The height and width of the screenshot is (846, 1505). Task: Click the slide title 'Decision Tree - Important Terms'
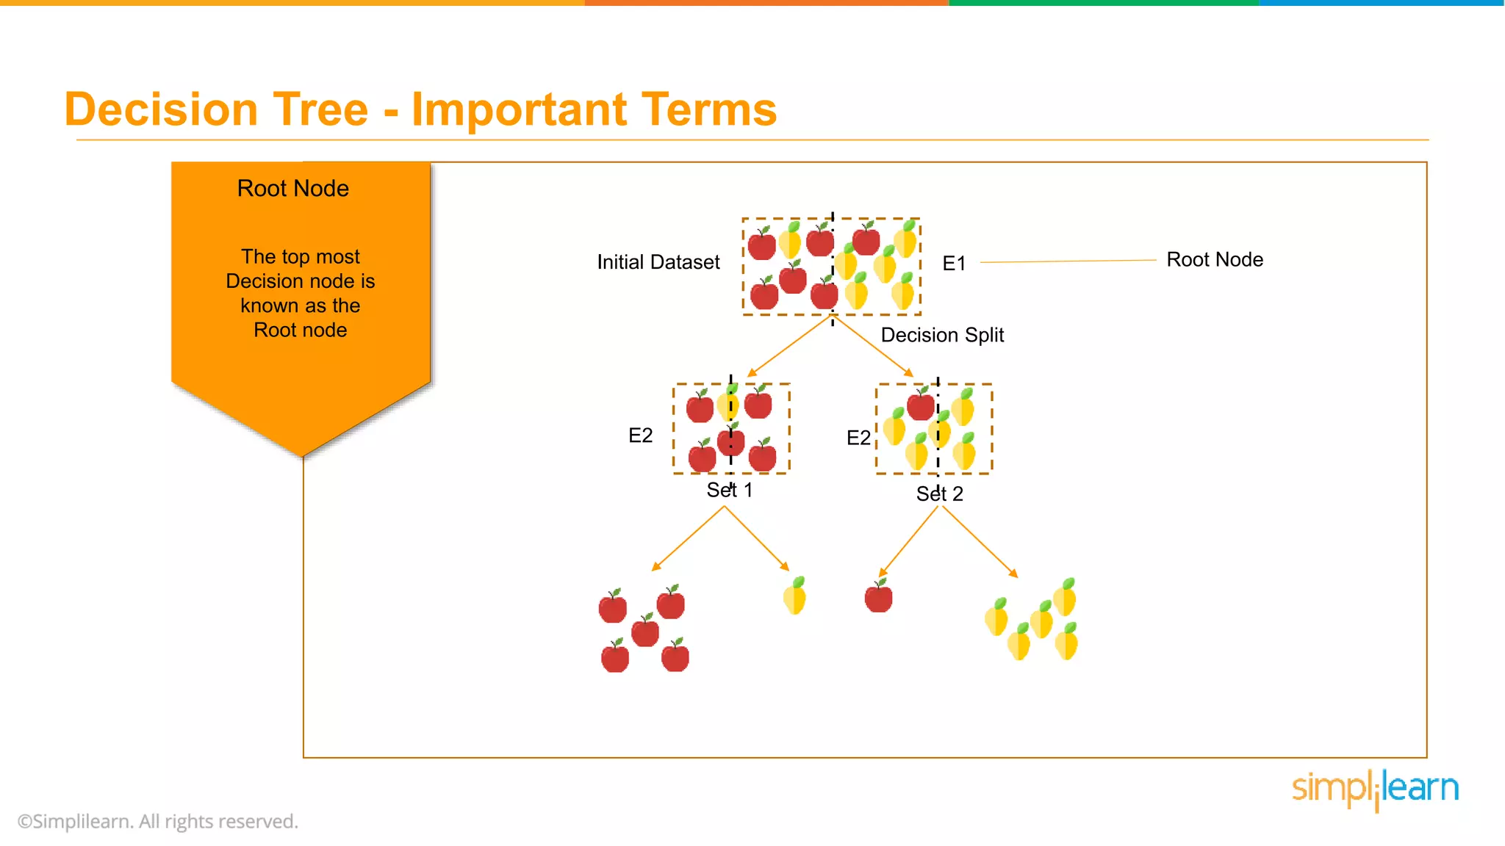pos(420,109)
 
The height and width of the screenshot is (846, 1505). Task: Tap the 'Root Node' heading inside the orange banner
pos(292,189)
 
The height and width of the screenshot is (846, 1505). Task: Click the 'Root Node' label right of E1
pos(1214,260)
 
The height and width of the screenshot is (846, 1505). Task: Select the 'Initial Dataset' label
pos(658,262)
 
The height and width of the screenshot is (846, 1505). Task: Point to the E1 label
pos(953,264)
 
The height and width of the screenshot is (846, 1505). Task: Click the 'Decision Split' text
pos(941,335)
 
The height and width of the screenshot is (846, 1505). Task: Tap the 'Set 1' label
pos(729,491)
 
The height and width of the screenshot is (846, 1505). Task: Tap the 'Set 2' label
pos(938,494)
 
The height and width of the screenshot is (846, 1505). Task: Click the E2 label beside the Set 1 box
pos(640,435)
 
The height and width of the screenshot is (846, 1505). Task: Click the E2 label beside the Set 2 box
pos(858,438)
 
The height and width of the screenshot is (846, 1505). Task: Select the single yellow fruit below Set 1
pos(795,596)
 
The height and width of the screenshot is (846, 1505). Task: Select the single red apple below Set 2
pos(878,596)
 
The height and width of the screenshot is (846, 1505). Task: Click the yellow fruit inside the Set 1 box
pos(728,404)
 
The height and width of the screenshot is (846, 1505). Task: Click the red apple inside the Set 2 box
pos(920,405)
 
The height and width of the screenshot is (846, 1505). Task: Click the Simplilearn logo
pos(1374,789)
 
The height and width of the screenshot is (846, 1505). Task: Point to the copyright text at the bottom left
pos(158,822)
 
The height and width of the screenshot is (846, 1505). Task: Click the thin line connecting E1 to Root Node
pos(1068,261)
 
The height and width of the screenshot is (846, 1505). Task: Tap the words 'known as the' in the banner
pos(300,305)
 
